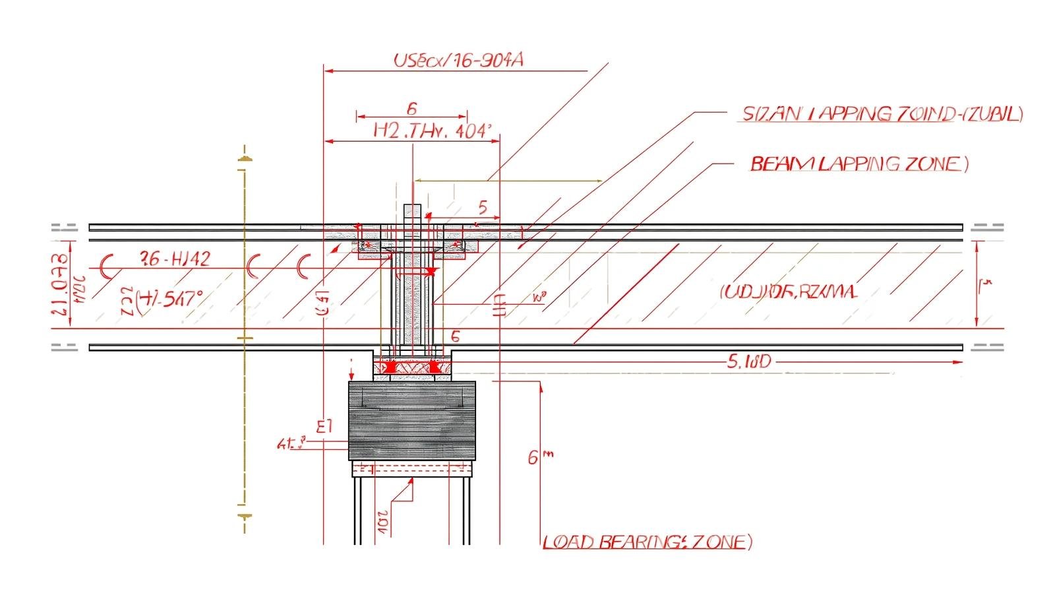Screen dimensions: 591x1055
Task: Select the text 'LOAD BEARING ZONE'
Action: [x=647, y=542]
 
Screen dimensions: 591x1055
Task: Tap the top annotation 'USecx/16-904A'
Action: [x=458, y=61]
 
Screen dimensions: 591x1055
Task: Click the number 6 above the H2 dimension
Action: [x=411, y=108]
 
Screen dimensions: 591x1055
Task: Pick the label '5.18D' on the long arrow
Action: [x=748, y=361]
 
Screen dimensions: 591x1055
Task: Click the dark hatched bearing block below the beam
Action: [x=411, y=420]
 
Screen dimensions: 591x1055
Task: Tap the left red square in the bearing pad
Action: [x=390, y=366]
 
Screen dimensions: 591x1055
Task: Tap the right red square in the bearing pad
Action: [x=434, y=366]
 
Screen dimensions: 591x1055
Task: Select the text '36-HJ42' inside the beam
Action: [x=175, y=259]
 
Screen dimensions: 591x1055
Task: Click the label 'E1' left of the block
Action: [x=324, y=425]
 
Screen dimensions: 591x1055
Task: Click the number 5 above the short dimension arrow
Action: [x=482, y=208]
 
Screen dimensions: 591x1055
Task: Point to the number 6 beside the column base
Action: [x=454, y=336]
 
